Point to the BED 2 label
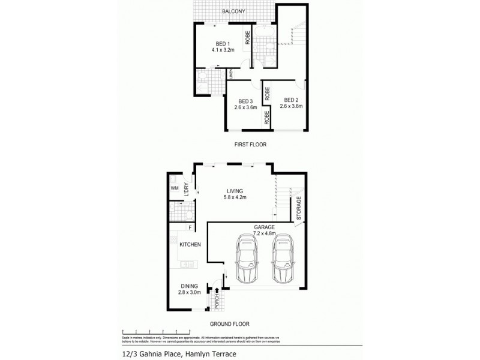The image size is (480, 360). coord(292,100)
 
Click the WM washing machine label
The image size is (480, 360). coord(175,188)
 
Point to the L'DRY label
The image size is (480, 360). coord(187,188)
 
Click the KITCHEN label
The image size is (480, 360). coord(190,245)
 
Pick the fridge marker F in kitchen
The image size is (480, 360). coord(190,228)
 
